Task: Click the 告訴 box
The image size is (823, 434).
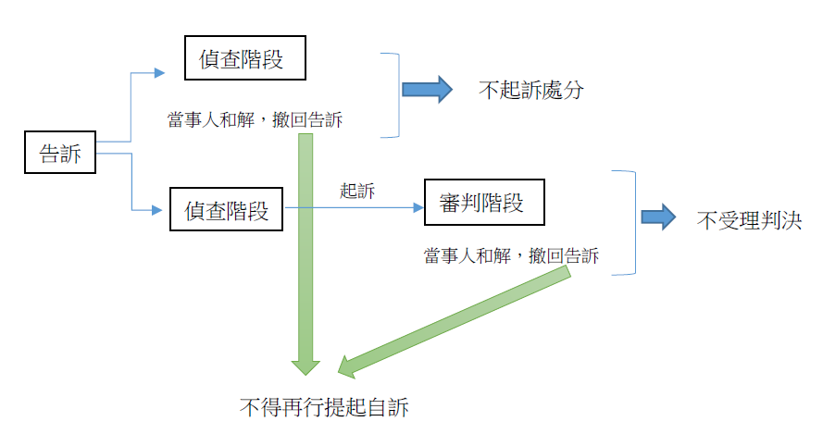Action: [60, 154]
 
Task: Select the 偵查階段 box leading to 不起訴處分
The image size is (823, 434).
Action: [244, 59]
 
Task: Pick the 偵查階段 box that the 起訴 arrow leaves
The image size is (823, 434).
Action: [227, 210]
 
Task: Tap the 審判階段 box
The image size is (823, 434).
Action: [482, 203]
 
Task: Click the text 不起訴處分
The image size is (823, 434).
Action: [531, 91]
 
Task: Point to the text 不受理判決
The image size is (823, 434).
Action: [748, 220]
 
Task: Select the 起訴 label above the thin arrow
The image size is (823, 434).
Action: [357, 191]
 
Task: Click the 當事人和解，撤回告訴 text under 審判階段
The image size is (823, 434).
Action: [512, 254]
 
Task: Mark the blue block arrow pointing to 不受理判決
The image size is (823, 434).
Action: [659, 217]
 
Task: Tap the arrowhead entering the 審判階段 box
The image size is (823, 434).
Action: [416, 209]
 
